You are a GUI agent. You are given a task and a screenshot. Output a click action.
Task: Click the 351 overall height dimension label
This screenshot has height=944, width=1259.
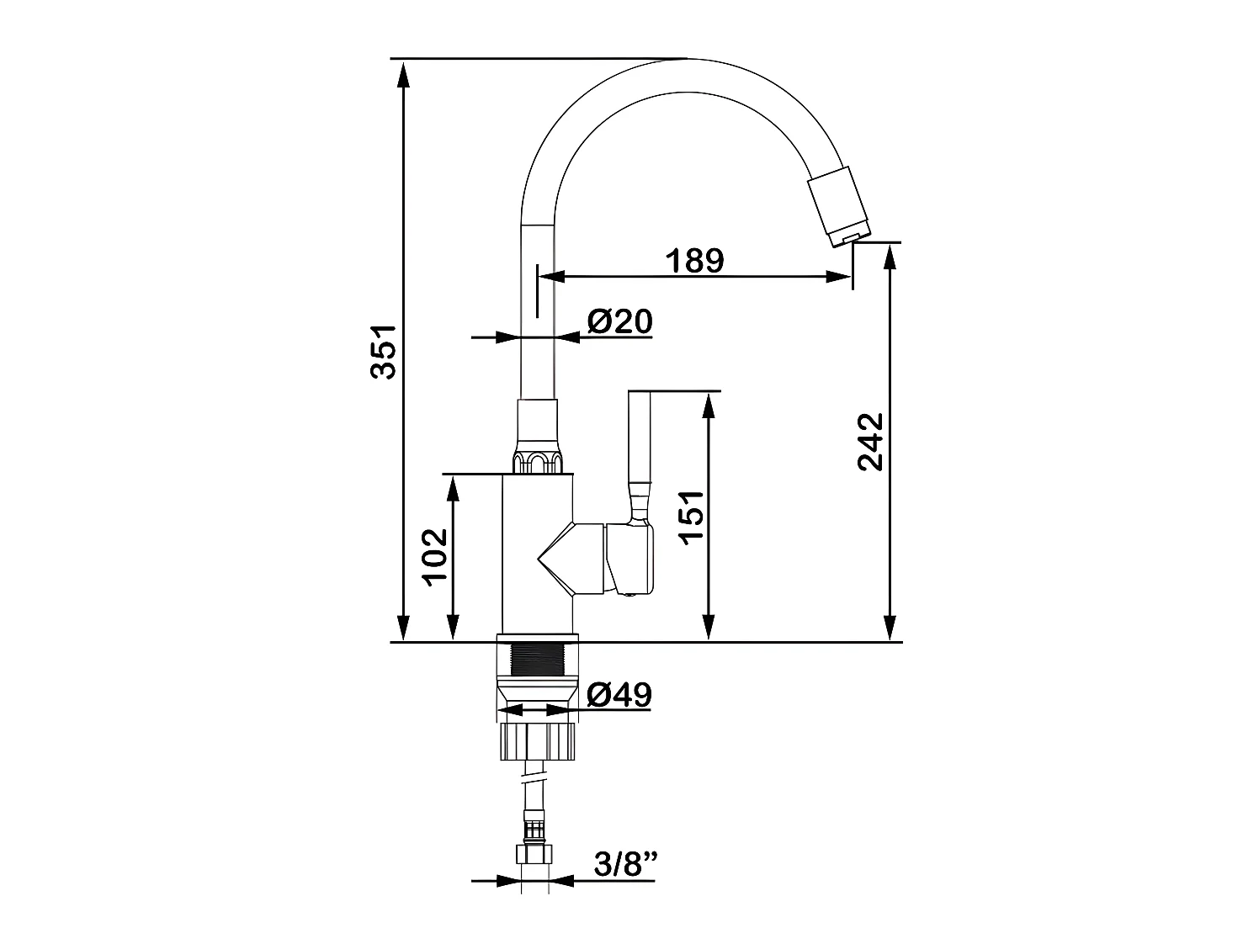pyautogui.click(x=383, y=352)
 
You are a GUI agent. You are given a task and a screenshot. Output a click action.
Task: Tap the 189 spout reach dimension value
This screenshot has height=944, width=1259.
pyautogui.click(x=694, y=261)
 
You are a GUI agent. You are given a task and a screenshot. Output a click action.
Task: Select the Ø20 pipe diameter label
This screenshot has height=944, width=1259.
pyautogui.click(x=620, y=321)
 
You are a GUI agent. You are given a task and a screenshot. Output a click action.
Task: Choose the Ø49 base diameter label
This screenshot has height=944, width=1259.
pyautogui.click(x=619, y=695)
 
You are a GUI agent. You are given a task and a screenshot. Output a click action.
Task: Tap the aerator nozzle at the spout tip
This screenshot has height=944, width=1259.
pyautogui.click(x=839, y=206)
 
